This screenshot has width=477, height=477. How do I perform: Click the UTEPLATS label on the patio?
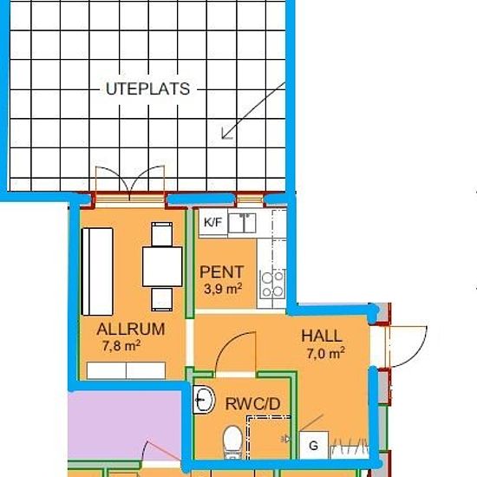click(147, 88)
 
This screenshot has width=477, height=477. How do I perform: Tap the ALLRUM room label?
click(131, 330)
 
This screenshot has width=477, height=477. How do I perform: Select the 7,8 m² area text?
click(121, 345)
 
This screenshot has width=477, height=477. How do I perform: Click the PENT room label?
click(221, 272)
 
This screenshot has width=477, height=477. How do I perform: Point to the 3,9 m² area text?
click(223, 289)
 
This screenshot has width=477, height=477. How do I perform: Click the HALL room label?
click(322, 336)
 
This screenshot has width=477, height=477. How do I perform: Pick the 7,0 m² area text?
click(325, 354)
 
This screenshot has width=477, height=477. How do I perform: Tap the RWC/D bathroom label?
click(252, 404)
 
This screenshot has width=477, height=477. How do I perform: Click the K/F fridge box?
click(213, 223)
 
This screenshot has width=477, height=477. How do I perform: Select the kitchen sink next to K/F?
click(242, 223)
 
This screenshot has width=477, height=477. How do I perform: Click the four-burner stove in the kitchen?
click(272, 284)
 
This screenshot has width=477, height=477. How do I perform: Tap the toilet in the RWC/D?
click(232, 442)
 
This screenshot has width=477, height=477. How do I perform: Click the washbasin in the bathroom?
click(204, 400)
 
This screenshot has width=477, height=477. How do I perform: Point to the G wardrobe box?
click(314, 446)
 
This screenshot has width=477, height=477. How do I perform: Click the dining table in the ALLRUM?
click(162, 267)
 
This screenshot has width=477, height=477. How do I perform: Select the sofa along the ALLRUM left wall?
click(97, 271)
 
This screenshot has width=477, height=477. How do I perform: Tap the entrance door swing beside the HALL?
click(407, 347)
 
